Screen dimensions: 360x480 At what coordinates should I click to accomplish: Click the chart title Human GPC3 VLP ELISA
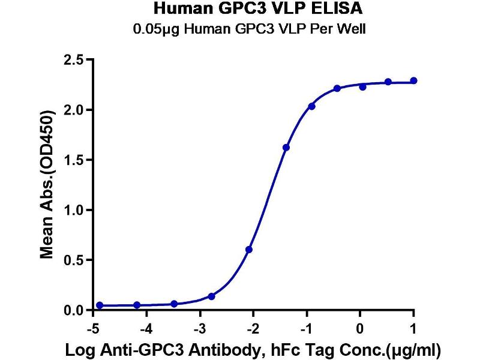(x=259, y=9)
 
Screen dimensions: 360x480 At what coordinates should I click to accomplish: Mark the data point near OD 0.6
(x=249, y=250)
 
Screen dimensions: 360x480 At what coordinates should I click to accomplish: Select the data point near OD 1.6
(x=286, y=148)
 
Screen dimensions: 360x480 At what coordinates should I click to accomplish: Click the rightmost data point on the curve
(x=414, y=80)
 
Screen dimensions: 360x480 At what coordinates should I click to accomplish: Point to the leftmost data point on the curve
(x=100, y=305)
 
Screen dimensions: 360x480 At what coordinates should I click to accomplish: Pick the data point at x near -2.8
(x=212, y=296)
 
